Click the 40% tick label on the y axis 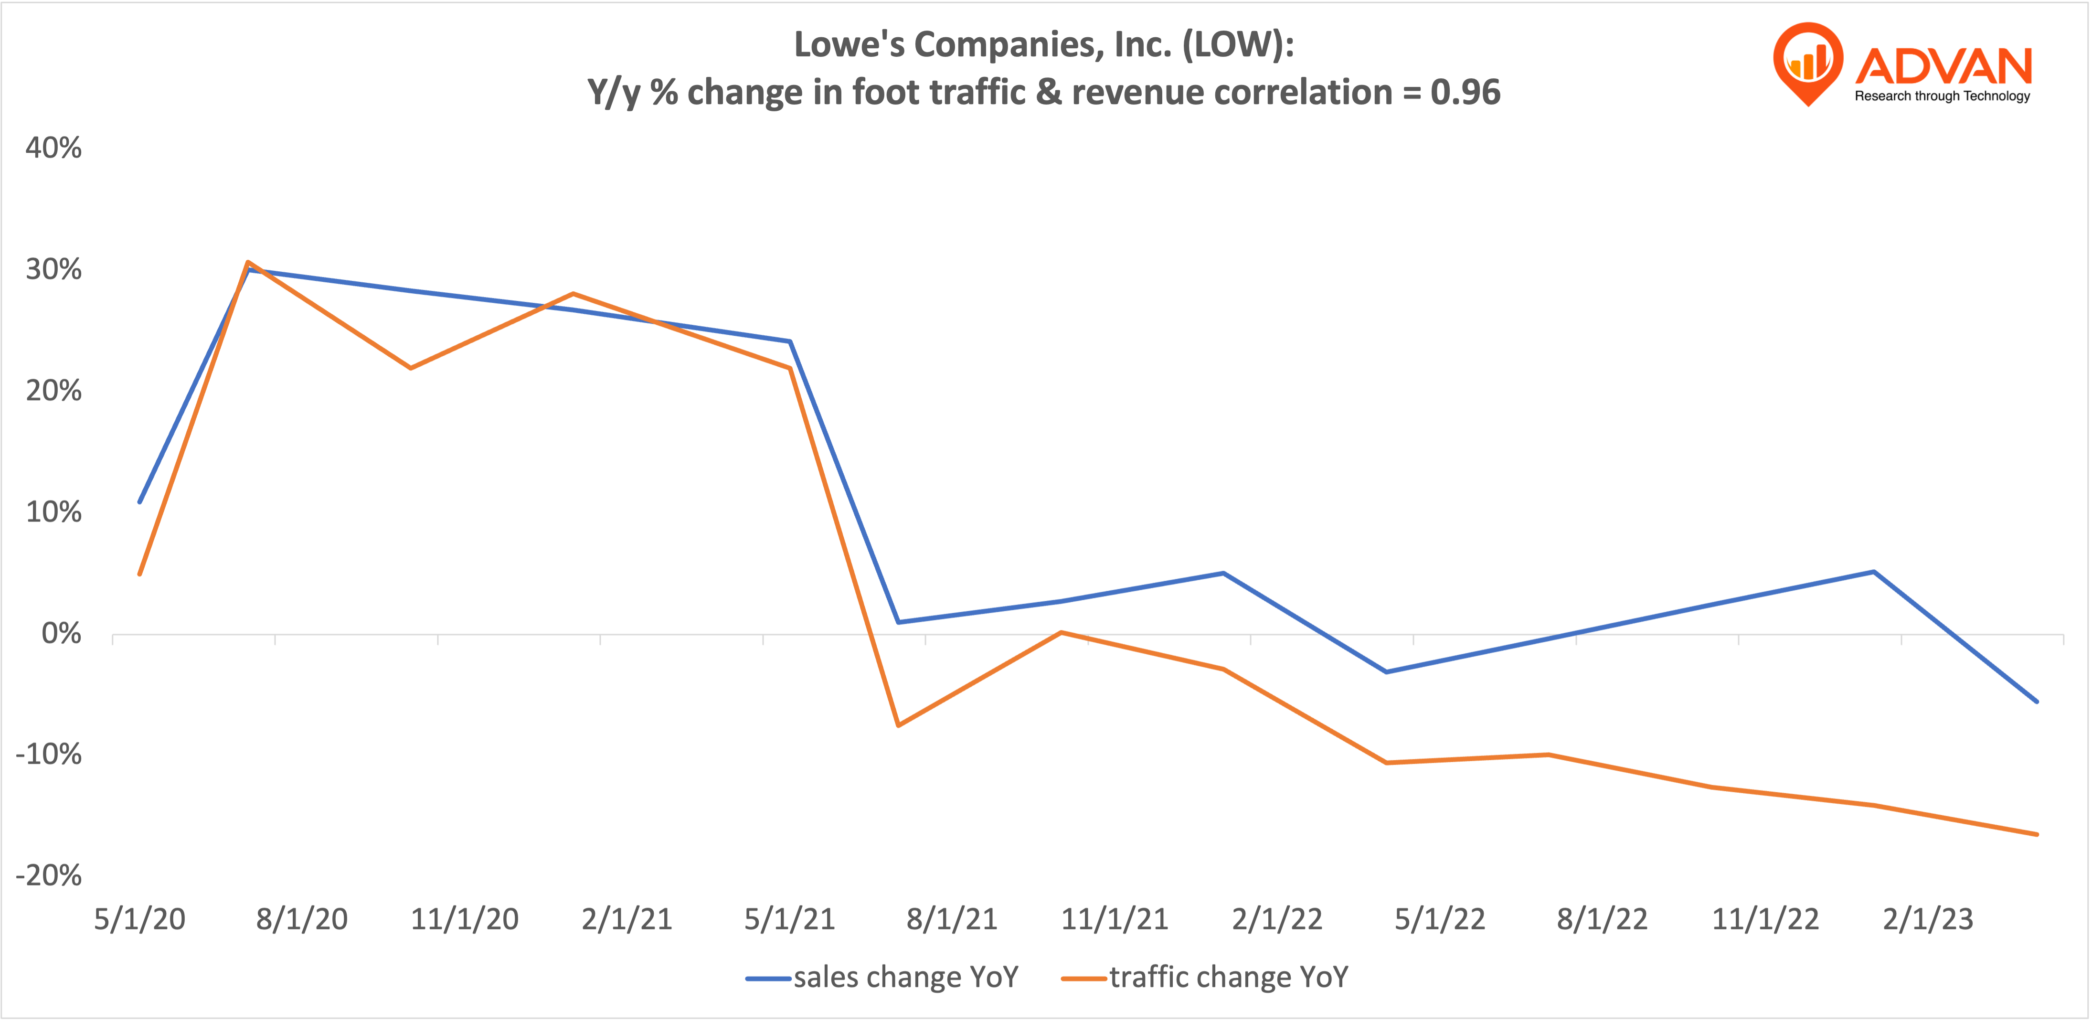coord(53,148)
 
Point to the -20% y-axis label coord(49,875)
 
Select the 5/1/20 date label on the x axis coord(140,919)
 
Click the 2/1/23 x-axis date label coord(1927,919)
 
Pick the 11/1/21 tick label coord(1114,919)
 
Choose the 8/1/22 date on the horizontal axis coord(1602,919)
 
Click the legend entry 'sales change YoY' coord(905,977)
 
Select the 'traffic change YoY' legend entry coord(1228,977)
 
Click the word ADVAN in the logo coord(1943,66)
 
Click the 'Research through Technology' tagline coord(1942,96)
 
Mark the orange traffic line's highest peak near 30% coord(248,262)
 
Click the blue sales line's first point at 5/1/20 coord(140,502)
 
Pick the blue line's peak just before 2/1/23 coord(1874,572)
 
